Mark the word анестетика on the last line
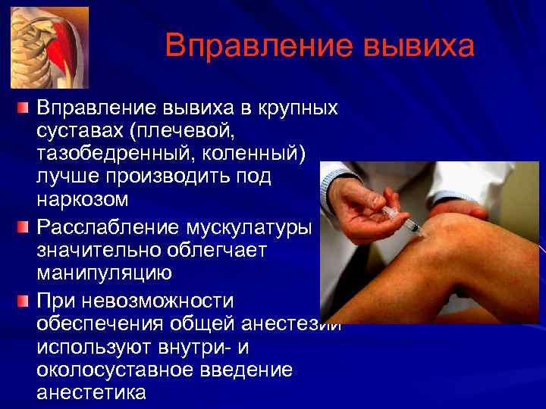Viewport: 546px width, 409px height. point(91,393)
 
